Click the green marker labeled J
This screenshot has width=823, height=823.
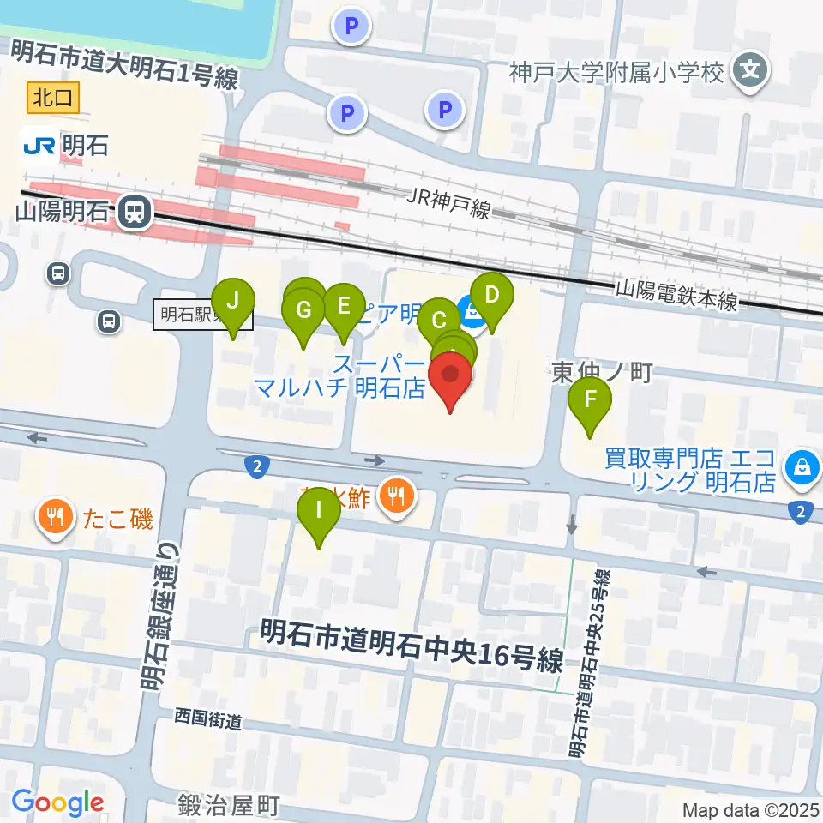click(233, 303)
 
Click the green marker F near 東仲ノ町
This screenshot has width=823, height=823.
click(590, 400)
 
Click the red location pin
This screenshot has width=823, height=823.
click(450, 377)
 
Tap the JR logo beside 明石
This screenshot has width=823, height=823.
click(39, 146)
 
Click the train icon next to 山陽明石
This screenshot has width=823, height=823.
click(133, 211)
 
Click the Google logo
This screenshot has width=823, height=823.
click(58, 802)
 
